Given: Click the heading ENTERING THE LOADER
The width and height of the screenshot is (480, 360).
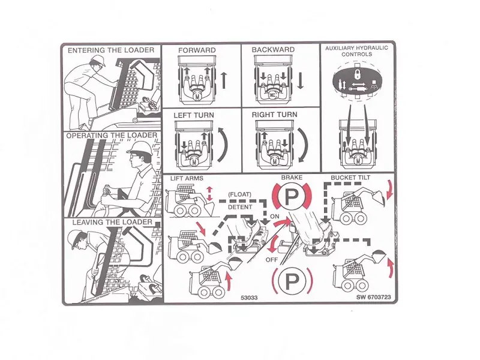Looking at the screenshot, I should point(110,50).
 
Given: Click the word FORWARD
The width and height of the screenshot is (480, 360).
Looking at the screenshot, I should point(197,50).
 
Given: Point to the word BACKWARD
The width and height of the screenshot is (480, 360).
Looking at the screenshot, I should point(273,50).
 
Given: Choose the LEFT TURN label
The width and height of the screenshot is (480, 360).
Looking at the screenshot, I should point(194,115).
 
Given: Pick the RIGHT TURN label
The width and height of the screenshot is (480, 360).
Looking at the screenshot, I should point(274,115).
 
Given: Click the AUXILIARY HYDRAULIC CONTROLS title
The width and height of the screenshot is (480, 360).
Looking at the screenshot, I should point(357,51).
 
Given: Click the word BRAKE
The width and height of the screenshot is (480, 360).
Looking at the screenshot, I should point(292,178).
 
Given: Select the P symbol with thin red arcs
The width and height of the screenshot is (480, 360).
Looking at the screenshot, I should point(292,280).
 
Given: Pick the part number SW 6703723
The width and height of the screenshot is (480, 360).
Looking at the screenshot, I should point(373,297).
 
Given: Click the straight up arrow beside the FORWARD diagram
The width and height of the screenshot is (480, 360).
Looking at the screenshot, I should point(224,80).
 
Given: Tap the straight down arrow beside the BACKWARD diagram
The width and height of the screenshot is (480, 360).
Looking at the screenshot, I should point(301,80).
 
